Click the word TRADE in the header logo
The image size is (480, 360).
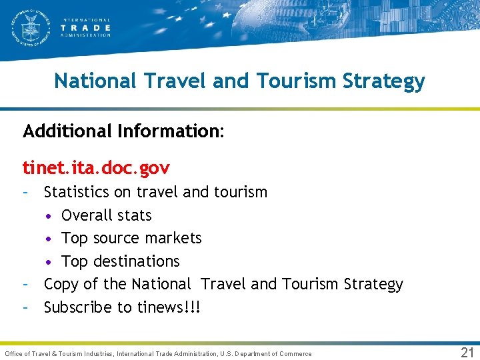[85, 28]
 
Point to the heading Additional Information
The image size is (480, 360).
[123, 131]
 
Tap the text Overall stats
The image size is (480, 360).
[107, 215]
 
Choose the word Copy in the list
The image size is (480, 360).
[61, 285]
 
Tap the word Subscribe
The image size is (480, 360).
[78, 307]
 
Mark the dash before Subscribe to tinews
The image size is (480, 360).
[25, 307]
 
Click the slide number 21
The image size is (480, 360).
[467, 353]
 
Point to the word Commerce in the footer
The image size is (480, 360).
[295, 353]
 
